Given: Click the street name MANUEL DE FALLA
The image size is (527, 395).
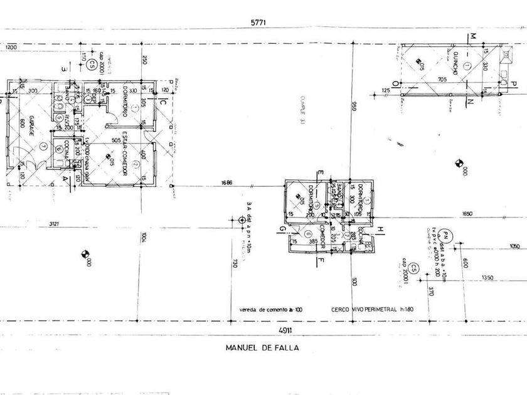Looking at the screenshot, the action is click(x=263, y=347).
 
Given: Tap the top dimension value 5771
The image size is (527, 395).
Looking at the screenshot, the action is click(x=258, y=22).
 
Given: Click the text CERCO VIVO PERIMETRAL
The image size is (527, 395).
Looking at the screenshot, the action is click(x=361, y=309).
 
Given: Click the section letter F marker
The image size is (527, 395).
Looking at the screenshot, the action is click(x=319, y=258).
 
